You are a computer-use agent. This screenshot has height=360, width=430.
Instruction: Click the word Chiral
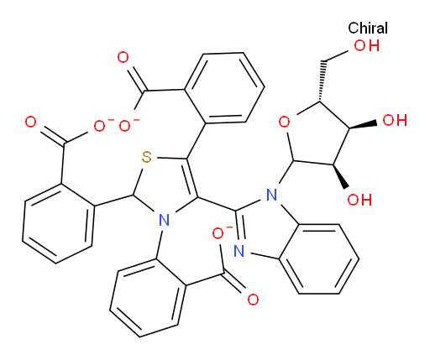(368, 29)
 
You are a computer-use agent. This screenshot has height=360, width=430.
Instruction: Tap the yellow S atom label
(146, 158)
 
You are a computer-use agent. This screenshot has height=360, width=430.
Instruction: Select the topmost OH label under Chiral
(367, 45)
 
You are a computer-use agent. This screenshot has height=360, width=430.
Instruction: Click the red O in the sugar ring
(284, 123)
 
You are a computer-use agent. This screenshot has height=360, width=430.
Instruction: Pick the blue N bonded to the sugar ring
(271, 195)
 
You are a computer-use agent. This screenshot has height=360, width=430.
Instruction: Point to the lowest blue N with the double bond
(239, 251)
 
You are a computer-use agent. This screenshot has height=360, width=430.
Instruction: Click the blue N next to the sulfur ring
(164, 220)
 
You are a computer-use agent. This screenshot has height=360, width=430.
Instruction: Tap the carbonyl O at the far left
(31, 123)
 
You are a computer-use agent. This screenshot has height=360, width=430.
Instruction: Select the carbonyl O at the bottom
(253, 300)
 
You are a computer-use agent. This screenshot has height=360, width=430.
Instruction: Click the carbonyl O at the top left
(123, 58)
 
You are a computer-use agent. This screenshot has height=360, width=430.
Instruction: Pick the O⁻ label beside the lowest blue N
(220, 233)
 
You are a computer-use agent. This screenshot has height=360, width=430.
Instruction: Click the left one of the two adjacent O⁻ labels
(102, 125)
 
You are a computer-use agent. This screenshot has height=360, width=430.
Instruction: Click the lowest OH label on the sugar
(359, 200)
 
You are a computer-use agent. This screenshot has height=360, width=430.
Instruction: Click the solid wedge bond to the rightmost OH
(363, 125)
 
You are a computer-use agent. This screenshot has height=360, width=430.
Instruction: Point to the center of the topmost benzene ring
(224, 88)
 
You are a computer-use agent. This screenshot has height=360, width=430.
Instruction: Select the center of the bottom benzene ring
(148, 298)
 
